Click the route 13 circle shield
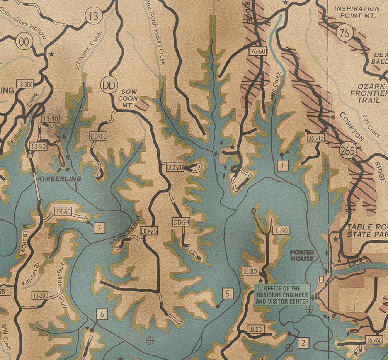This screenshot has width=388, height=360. (93, 16)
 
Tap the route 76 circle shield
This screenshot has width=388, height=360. (344, 33)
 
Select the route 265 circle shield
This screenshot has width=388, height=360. (348, 151)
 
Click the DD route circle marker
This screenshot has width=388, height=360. (109, 85)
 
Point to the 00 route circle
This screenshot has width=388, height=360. (24, 42)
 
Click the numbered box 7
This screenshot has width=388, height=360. (99, 228)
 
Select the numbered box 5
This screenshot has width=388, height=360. (228, 294)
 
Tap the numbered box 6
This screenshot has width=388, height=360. (102, 314)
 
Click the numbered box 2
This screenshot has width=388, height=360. (304, 343)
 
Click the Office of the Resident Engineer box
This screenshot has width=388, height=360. (282, 295)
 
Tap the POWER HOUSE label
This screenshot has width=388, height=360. (302, 255)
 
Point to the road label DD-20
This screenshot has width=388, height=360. (175, 167)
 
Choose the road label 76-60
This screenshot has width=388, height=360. (258, 51)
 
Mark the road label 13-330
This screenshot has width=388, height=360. (41, 296)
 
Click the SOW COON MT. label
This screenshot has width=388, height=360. (129, 98)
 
